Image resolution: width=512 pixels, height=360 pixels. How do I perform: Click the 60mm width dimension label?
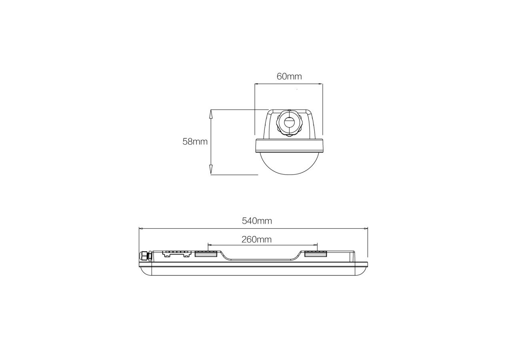click(x=289, y=76)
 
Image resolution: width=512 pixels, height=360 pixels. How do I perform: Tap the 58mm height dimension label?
click(x=195, y=141)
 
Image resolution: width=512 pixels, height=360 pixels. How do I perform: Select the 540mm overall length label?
click(x=257, y=220)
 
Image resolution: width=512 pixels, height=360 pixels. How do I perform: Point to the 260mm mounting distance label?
click(x=256, y=239)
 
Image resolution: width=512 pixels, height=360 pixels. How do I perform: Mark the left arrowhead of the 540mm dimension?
click(x=141, y=229)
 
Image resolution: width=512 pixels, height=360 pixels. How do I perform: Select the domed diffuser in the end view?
click(x=289, y=164)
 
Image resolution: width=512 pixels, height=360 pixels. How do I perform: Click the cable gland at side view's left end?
click(x=144, y=256)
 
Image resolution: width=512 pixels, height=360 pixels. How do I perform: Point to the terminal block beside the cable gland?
click(x=176, y=254)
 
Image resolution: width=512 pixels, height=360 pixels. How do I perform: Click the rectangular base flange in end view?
click(x=289, y=146)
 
